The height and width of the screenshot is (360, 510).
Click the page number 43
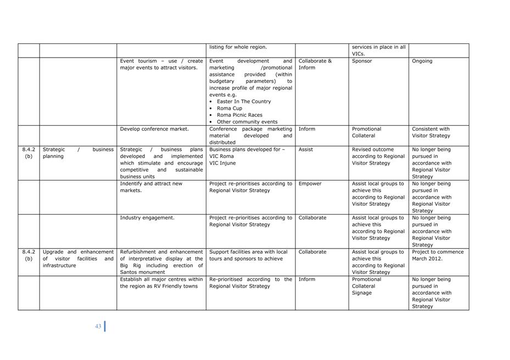pyautogui.click(x=98, y=327)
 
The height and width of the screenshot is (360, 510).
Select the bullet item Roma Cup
pyautogui.click(x=229, y=109)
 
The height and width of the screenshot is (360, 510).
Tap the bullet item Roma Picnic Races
pyautogui.click(x=239, y=115)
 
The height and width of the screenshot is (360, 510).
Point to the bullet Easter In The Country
pyautogui.click(x=244, y=102)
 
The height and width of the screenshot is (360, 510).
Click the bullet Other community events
pyautogui.click(x=247, y=122)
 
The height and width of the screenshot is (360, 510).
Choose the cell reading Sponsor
pyautogui.click(x=362, y=61)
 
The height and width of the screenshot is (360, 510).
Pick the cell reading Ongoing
pyautogui.click(x=422, y=61)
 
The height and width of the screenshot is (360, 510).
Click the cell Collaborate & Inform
pyautogui.click(x=315, y=64)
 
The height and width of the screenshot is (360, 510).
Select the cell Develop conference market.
pyautogui.click(x=154, y=129)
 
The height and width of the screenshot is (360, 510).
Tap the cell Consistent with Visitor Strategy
pyautogui.click(x=431, y=132)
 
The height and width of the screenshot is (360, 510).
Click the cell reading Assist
pyautogui.click(x=307, y=149)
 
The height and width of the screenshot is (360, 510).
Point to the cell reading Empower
pyautogui.click(x=310, y=184)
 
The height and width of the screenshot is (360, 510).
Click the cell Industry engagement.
pyautogui.click(x=147, y=218)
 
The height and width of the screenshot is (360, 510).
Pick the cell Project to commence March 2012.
pyautogui.click(x=438, y=255)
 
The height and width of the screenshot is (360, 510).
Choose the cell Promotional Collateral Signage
pyautogui.click(x=366, y=286)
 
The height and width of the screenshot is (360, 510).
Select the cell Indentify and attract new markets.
pyautogui.click(x=151, y=187)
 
